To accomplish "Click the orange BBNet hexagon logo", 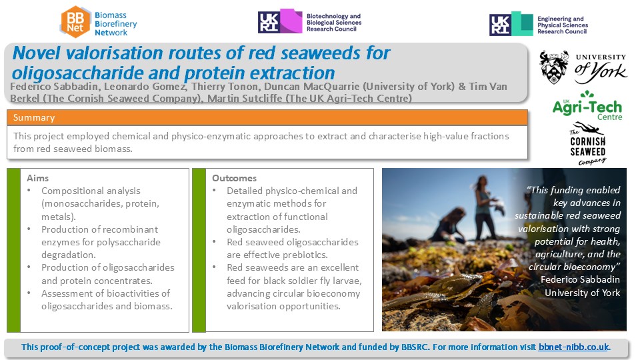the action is (75, 22).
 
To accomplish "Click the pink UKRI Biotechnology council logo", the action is (280, 21).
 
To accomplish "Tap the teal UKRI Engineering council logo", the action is (511, 24).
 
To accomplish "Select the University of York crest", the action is (553, 67).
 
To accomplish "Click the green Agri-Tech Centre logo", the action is (587, 106).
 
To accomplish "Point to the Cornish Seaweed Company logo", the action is (588, 144).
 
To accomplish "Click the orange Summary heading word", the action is (34, 117).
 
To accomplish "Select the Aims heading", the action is (37, 178).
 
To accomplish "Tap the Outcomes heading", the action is (234, 178).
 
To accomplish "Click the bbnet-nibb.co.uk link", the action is (573, 347).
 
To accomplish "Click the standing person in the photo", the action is (484, 208).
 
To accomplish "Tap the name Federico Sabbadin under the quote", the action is (580, 279).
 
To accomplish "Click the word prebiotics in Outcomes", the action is (305, 255).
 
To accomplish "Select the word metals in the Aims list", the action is (57, 216).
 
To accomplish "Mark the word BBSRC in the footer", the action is (415, 347).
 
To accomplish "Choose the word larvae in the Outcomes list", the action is (347, 281).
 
